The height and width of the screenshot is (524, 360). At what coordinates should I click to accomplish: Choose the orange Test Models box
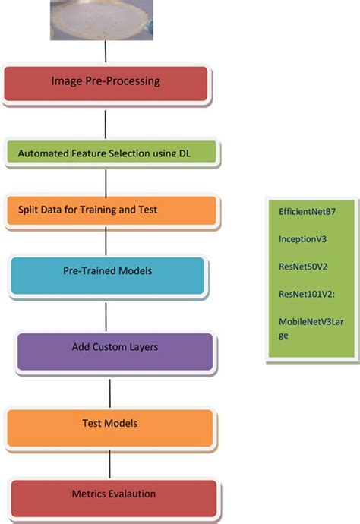(x=110, y=426)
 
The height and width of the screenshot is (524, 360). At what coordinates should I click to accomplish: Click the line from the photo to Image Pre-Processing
(x=106, y=52)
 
